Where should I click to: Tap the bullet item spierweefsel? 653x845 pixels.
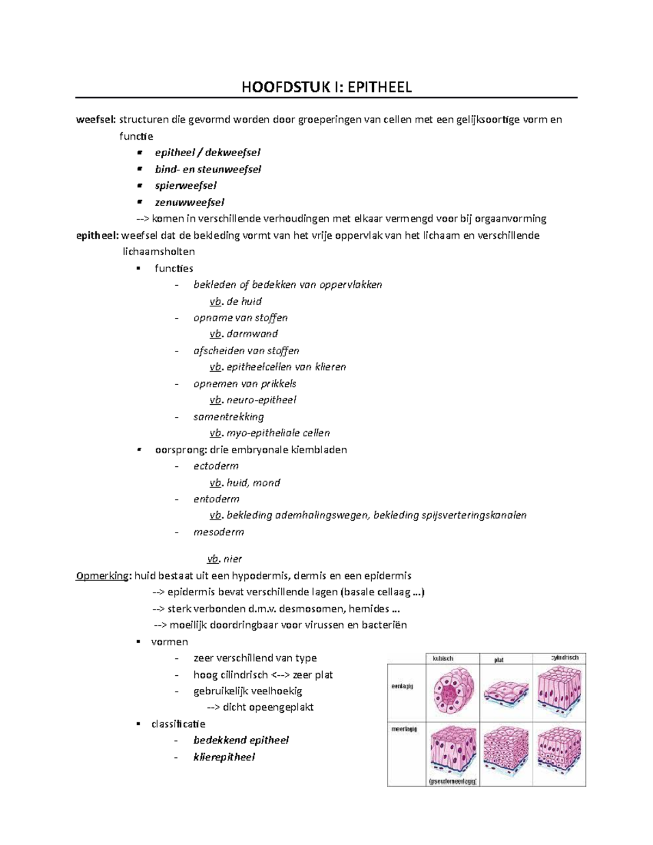tap(186, 186)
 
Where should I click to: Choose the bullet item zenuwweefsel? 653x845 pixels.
tap(189, 202)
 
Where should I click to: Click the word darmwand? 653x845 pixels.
tap(252, 334)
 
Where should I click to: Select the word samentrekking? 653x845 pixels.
tap(229, 417)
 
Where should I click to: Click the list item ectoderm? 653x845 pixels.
tap(216, 466)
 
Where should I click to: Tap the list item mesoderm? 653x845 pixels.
tap(219, 532)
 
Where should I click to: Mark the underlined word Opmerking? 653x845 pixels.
tap(102, 576)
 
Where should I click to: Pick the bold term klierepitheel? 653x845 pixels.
tap(224, 757)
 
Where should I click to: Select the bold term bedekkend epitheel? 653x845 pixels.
tap(241, 741)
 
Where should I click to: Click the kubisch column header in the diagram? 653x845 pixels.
tap(443, 658)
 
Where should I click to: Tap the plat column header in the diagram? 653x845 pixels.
tap(499, 660)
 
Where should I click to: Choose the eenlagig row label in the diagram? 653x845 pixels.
tap(403, 687)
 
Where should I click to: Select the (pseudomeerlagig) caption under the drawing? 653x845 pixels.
tap(453, 782)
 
